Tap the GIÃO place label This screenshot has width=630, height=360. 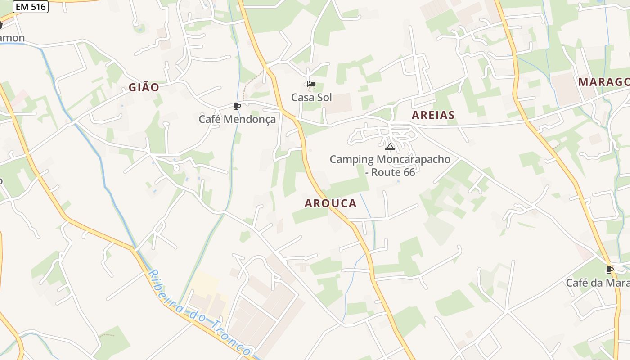click(x=144, y=87)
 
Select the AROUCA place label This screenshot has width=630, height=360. click(x=330, y=203)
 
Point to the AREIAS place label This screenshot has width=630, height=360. click(x=433, y=115)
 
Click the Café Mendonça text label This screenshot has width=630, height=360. click(x=237, y=119)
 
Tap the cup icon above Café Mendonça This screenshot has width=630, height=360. click(x=237, y=107)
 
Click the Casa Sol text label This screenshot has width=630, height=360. click(x=311, y=97)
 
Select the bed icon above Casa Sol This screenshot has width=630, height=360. click(x=311, y=84)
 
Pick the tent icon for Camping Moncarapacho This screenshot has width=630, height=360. click(x=390, y=147)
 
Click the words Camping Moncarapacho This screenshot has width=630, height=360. click(x=390, y=159)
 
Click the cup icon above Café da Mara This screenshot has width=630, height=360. click(x=610, y=270)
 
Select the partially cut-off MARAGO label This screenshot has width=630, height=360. click(x=603, y=82)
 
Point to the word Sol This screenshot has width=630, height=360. click(x=324, y=97)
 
